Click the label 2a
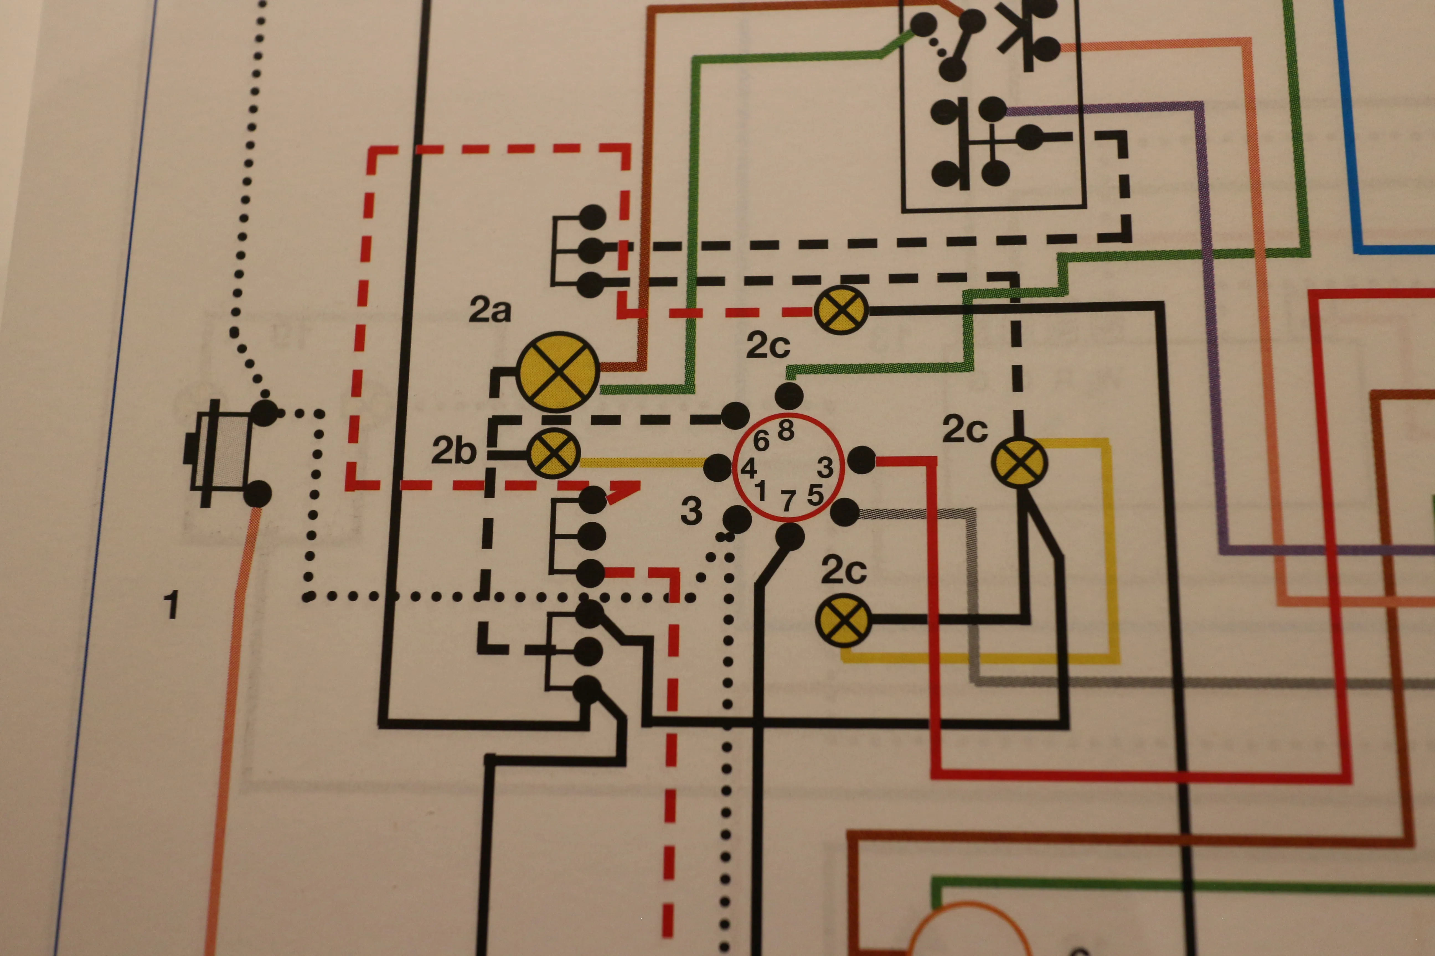click(x=489, y=310)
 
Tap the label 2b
click(x=453, y=451)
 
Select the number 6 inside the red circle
click(x=761, y=440)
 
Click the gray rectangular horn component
click(x=221, y=452)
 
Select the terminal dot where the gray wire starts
click(x=845, y=512)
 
